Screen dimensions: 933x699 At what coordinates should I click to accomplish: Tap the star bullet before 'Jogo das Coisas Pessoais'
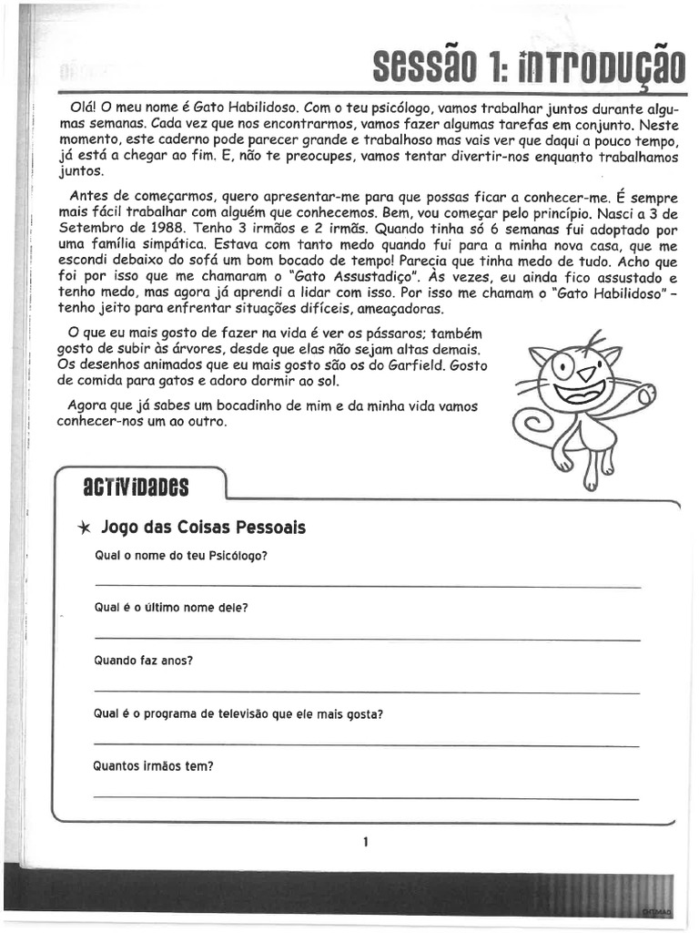click(84, 528)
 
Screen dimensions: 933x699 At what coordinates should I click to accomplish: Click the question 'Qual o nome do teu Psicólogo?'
click(181, 556)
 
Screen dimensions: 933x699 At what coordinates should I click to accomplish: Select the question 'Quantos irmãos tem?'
click(153, 766)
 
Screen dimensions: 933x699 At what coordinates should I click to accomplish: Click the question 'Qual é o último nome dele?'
click(171, 608)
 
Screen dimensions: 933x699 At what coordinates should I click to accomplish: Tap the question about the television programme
click(238, 713)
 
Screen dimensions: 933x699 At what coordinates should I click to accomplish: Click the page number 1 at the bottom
click(365, 842)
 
